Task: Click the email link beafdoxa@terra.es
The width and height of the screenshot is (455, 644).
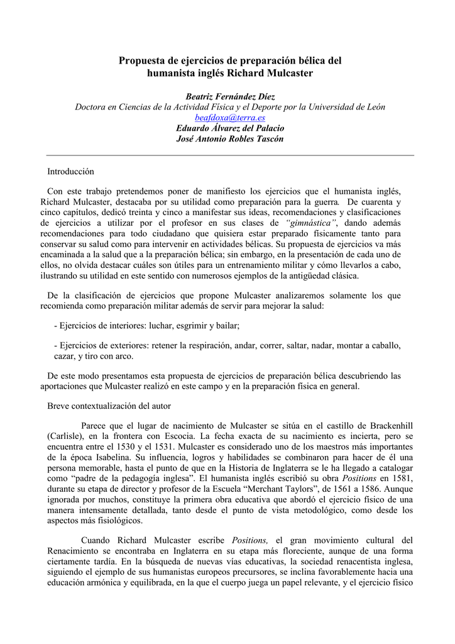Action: click(x=230, y=118)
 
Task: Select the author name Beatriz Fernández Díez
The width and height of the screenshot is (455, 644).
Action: click(x=230, y=96)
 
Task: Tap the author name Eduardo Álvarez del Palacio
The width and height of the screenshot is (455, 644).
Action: click(x=230, y=128)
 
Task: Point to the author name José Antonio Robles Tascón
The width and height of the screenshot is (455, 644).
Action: click(x=230, y=139)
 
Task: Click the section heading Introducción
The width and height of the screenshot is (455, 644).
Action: click(x=70, y=171)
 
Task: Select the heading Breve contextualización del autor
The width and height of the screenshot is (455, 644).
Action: click(x=109, y=406)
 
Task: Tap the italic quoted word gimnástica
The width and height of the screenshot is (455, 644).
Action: click(x=311, y=223)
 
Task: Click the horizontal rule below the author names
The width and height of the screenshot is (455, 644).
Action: click(x=230, y=155)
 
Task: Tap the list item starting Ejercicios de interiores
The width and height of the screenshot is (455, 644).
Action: click(x=148, y=326)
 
